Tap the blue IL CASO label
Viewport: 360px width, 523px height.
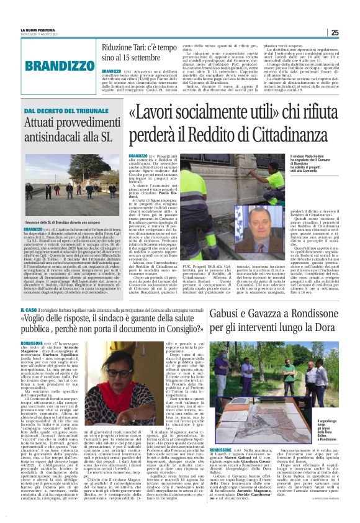28,308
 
